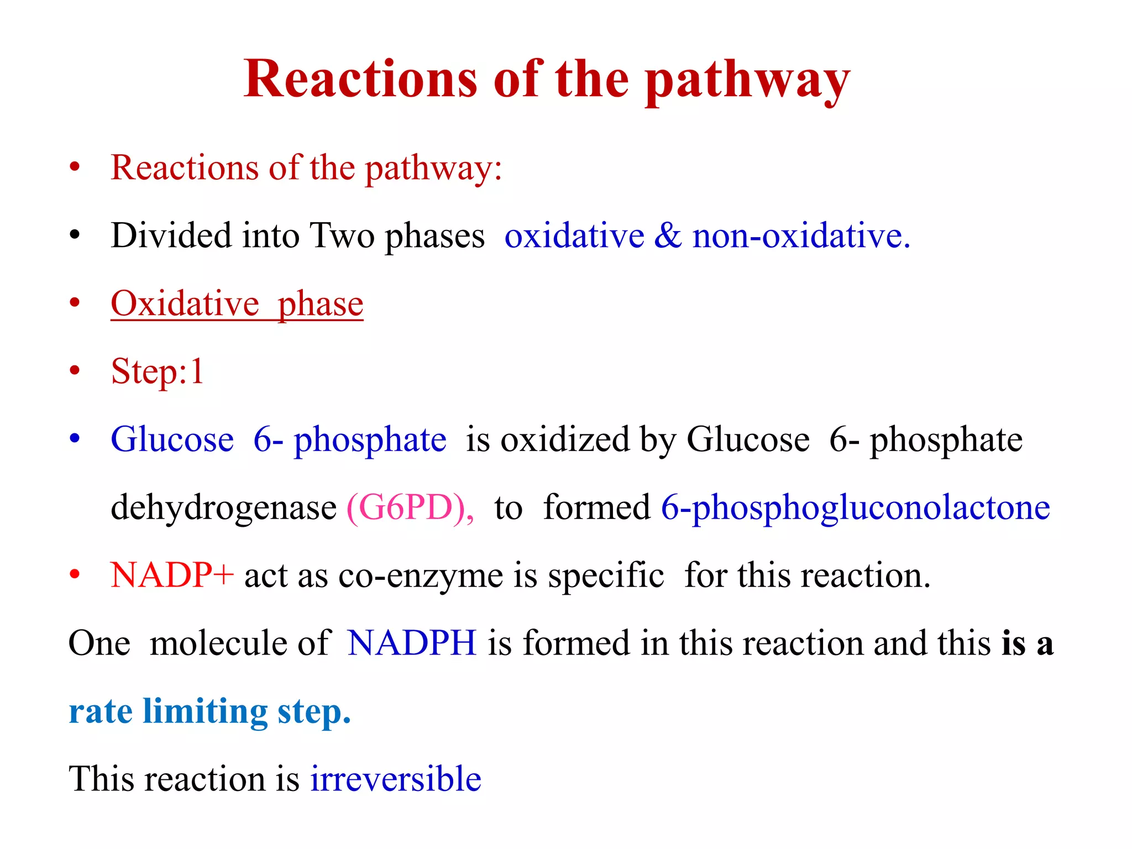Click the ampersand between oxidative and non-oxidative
[x=668, y=236]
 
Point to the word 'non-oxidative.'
[x=801, y=236]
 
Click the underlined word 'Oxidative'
[x=185, y=304]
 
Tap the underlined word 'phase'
[x=321, y=305]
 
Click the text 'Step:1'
[x=158, y=371]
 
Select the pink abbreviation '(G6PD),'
[x=410, y=507]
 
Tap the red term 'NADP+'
[x=172, y=575]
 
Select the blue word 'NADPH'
[x=412, y=643]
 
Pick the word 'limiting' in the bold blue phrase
[x=205, y=712]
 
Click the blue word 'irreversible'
[x=396, y=779]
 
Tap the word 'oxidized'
[x=565, y=441]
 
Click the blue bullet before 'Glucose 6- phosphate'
[x=75, y=439]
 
